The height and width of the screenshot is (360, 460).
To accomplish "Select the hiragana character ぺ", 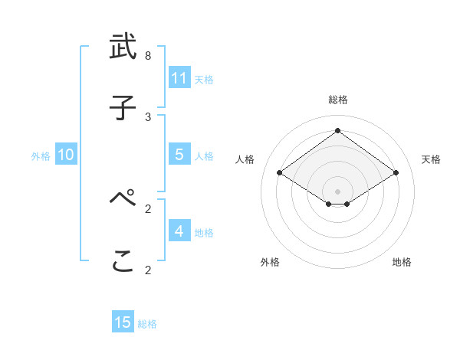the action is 123,200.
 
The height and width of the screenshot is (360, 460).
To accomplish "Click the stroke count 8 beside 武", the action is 148,56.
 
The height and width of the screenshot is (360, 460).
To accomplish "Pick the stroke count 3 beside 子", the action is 148,116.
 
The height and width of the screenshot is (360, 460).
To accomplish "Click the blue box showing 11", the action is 179,78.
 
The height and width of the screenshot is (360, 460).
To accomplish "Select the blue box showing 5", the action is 179,155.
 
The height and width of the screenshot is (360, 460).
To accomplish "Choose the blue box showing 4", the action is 179,231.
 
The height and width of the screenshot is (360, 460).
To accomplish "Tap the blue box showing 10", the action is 66,155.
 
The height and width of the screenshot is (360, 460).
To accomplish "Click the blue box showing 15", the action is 123,322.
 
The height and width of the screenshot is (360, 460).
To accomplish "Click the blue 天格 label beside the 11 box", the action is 204,79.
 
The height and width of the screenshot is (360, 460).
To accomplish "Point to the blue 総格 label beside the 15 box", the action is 147,324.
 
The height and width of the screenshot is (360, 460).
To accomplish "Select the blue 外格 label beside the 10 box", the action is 41,156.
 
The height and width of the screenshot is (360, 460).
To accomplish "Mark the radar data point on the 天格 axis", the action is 396,173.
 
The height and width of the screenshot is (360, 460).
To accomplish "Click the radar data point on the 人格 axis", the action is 280,173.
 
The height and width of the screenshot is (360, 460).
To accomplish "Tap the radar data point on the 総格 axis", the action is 337,131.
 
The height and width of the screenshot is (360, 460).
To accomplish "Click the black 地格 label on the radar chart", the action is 402,262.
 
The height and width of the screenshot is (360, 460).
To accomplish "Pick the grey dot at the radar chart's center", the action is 337,191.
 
